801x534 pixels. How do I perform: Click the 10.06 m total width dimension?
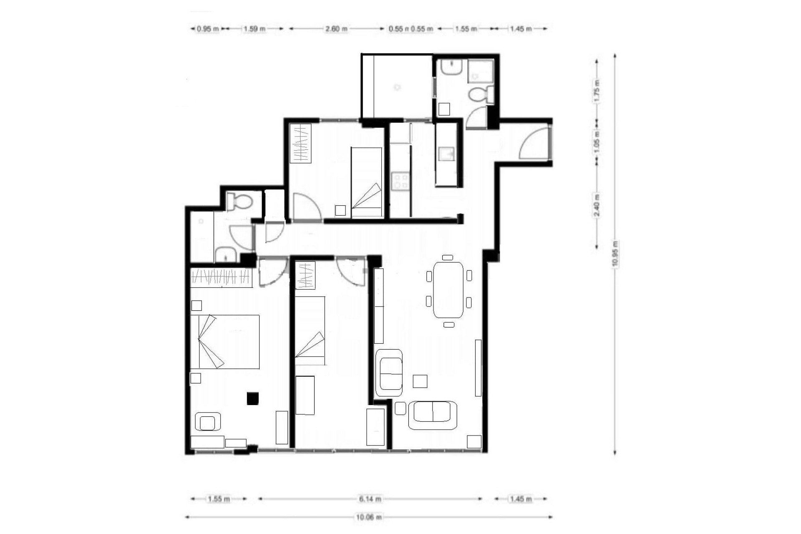pos(369,517)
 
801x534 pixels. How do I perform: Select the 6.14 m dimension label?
pos(370,499)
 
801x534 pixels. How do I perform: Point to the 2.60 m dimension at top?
pos(336,29)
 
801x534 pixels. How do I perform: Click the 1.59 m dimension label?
pos(254,29)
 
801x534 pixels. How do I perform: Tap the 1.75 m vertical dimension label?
pos(597,91)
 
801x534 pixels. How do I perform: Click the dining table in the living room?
pos(448,290)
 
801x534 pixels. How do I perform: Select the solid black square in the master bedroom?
pos(253,398)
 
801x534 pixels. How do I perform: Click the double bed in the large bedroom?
pos(225,342)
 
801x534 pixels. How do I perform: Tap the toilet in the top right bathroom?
pos(480,95)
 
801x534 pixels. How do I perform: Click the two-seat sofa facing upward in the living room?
pos(432,415)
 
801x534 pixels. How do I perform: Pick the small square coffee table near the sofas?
pos(420,381)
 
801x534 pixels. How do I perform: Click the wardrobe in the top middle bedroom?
pos(300,143)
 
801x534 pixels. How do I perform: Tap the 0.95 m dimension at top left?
pos(208,29)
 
